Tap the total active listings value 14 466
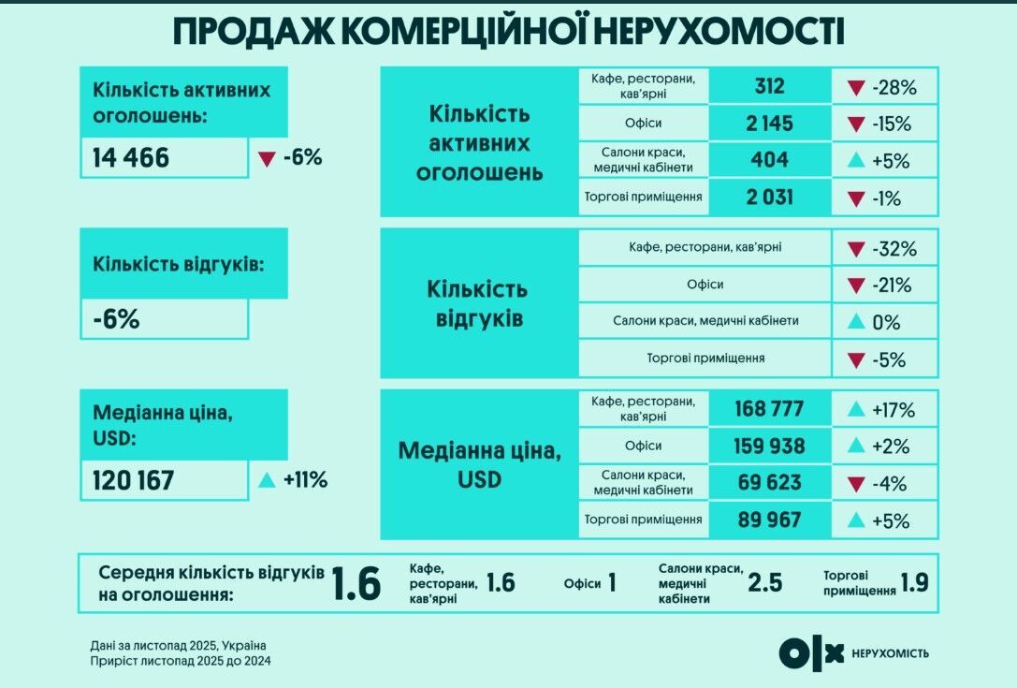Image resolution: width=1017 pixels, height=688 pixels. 131,158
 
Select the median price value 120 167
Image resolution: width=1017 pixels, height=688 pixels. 134,480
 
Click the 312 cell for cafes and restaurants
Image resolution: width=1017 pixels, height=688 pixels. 769,87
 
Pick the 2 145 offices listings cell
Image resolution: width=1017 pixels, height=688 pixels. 769,124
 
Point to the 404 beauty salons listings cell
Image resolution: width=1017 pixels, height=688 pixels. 769,160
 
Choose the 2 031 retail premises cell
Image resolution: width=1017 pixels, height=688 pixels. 769,197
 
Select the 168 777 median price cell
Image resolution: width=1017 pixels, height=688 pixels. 769,409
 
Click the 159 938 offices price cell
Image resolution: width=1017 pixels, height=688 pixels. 769,446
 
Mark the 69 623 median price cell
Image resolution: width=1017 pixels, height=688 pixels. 769,482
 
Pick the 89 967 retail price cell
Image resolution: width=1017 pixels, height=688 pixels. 769,519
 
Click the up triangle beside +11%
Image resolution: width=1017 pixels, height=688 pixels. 267,480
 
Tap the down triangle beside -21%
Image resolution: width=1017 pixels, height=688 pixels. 855,285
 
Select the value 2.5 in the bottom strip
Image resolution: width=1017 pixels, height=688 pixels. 764,583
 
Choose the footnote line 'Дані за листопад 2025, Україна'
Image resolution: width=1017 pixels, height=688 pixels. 179,645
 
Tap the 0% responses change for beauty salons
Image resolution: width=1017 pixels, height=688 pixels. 885,322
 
